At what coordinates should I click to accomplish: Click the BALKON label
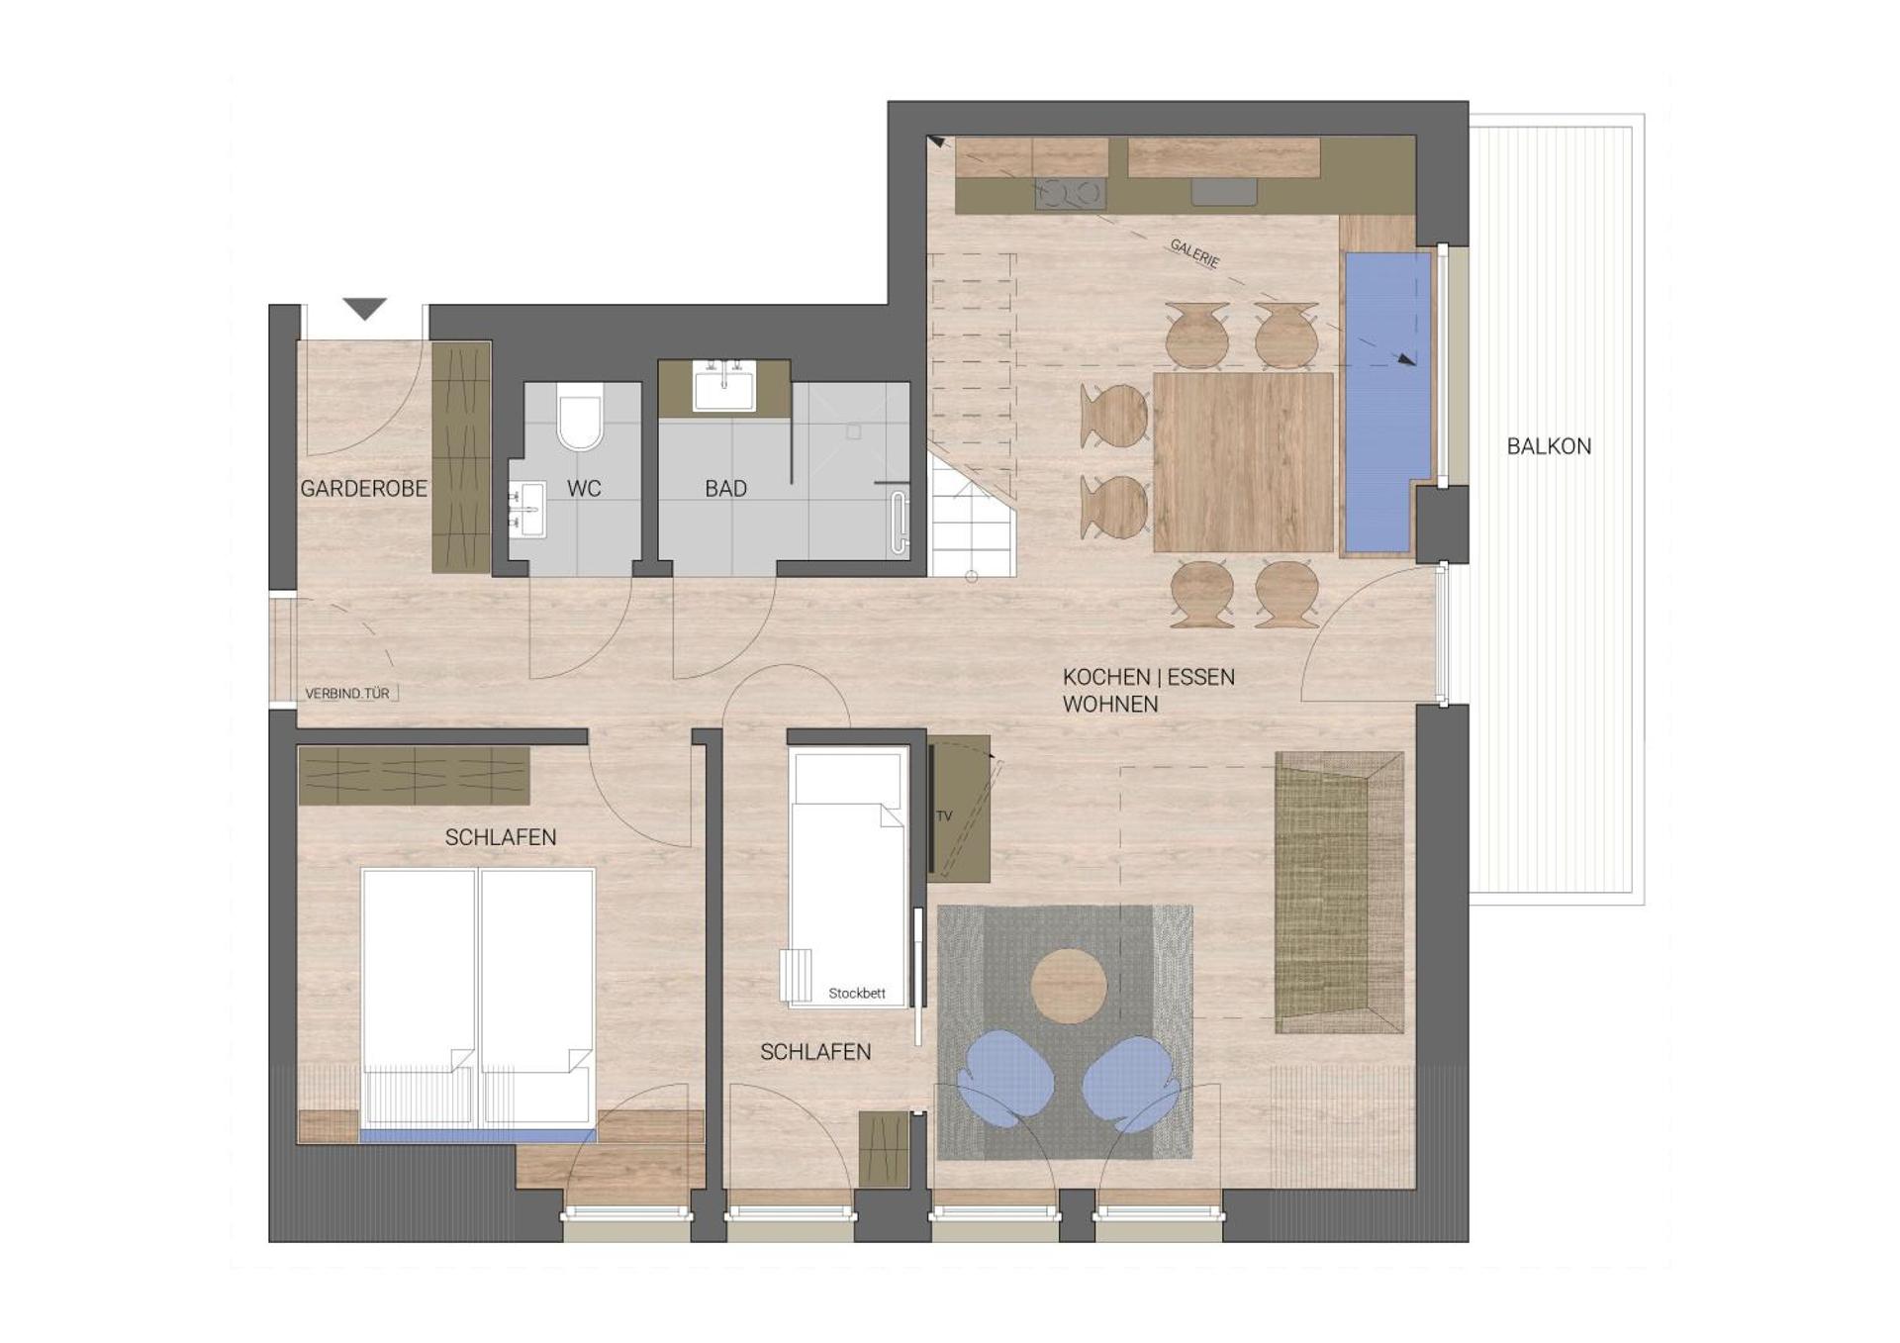click(x=1549, y=446)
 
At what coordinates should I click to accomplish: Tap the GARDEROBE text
click(x=363, y=488)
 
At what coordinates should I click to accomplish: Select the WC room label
click(x=584, y=488)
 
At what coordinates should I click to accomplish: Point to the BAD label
click(x=725, y=488)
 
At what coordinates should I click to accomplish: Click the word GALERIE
click(x=1194, y=253)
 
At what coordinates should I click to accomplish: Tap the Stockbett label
click(x=857, y=993)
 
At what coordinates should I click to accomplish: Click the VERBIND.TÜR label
click(x=347, y=694)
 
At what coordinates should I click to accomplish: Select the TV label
click(x=944, y=815)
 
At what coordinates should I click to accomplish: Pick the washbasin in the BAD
click(x=724, y=385)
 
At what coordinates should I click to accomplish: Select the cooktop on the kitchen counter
click(x=1070, y=193)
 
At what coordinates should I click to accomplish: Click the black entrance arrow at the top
click(x=364, y=309)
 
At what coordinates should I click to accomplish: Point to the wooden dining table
click(x=1243, y=461)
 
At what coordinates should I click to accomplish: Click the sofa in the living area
click(x=1339, y=893)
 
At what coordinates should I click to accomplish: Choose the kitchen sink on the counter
click(x=1224, y=191)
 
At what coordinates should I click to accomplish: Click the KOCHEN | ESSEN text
click(x=1148, y=677)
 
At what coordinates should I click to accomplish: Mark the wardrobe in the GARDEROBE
click(x=461, y=457)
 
